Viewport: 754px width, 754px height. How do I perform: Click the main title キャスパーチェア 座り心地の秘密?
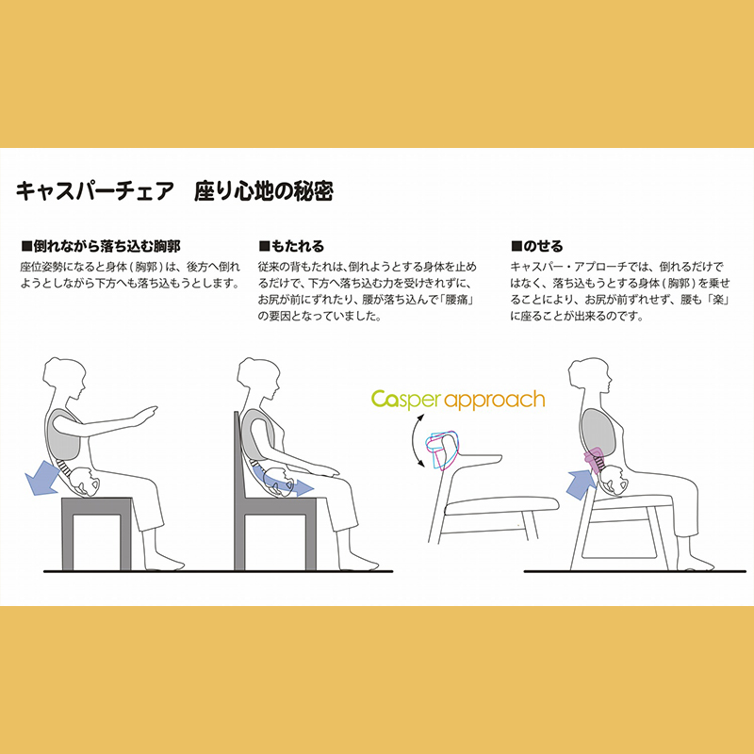174,191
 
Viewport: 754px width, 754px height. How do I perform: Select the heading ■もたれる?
291,246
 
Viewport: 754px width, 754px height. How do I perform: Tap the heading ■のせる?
536,246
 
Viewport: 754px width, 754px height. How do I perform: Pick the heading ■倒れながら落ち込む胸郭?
101,246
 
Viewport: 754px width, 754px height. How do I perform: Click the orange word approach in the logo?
494,401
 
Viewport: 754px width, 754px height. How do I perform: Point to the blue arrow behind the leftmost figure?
41,478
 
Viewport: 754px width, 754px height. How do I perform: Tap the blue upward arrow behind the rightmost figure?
582,484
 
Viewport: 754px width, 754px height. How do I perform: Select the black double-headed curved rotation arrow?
415,440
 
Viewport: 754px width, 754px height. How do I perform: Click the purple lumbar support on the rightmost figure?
594,456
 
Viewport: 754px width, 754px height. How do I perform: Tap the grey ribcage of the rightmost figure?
597,431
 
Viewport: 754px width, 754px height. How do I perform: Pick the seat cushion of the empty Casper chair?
501,505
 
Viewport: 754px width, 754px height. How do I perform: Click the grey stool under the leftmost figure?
97,533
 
